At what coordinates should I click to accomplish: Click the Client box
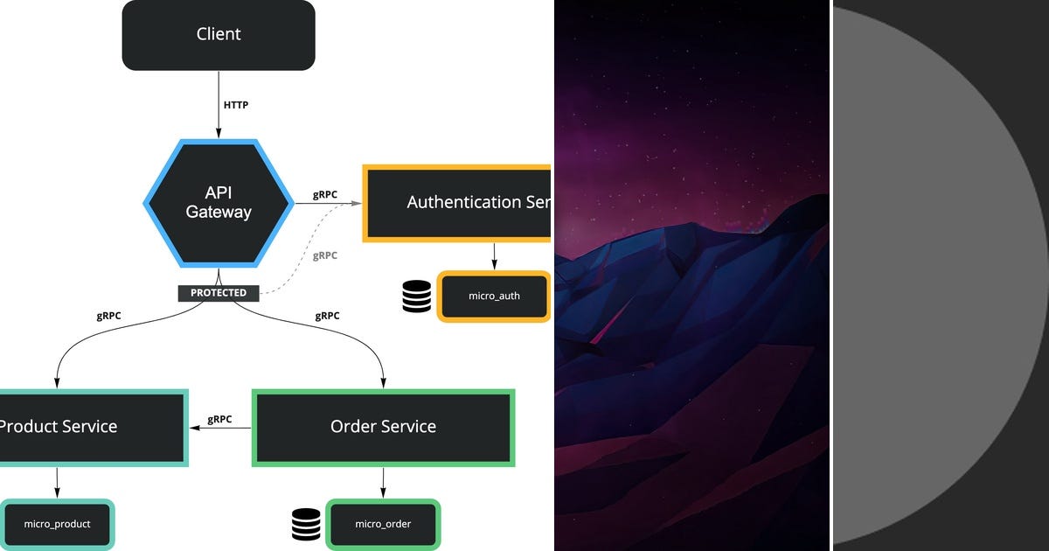tap(219, 35)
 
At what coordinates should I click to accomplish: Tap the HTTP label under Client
tap(235, 105)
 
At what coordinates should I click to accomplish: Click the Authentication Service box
tap(457, 202)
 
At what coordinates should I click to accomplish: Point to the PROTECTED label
tap(219, 293)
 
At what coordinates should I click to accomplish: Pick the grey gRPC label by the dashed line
tap(324, 256)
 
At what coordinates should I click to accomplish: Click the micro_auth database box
tap(494, 296)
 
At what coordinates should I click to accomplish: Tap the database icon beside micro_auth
tap(417, 296)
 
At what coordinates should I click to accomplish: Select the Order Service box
tap(383, 427)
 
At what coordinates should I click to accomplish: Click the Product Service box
tap(87, 427)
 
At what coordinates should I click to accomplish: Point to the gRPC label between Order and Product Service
tap(219, 419)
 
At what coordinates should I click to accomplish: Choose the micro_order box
tap(383, 524)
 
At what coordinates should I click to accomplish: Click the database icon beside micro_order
tap(306, 524)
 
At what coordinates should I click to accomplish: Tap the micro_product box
tap(57, 524)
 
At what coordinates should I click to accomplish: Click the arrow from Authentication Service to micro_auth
tap(494, 255)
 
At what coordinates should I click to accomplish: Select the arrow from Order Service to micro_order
tap(383, 482)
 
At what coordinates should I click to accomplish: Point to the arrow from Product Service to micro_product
tap(57, 482)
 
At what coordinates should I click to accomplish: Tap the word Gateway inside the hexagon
tap(218, 213)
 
